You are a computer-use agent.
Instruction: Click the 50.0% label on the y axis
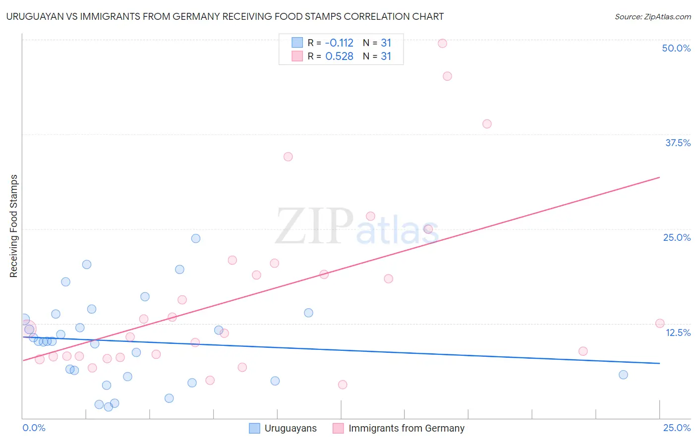[676, 48]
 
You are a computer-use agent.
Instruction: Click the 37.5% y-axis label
[677, 143]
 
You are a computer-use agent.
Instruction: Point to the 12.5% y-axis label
[677, 332]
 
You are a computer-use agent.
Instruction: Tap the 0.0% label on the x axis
[34, 428]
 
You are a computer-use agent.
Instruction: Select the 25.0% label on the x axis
[677, 428]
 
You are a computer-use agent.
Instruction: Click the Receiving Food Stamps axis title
[14, 226]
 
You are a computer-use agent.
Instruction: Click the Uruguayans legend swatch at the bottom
[254, 428]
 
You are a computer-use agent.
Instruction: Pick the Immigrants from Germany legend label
[406, 428]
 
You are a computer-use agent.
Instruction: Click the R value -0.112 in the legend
[339, 43]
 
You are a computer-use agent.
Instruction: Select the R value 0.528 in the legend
[339, 56]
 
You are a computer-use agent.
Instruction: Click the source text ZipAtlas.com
[652, 17]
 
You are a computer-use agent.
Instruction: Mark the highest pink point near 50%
[442, 43]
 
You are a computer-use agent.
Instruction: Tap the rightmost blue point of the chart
[623, 375]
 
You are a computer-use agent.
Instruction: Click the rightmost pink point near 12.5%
[659, 324]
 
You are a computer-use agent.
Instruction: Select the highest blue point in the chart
[196, 238]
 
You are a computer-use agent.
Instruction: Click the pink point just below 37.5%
[487, 124]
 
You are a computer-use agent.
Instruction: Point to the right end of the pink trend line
[659, 177]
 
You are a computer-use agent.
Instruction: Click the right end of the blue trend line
[659, 363]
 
